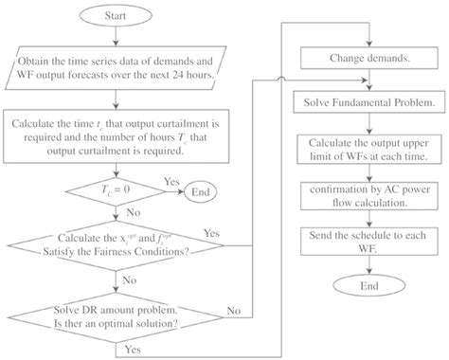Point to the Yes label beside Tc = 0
click(x=171, y=180)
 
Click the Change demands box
click(x=358, y=57)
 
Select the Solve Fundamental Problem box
click(x=358, y=100)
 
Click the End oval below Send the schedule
click(x=359, y=284)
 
